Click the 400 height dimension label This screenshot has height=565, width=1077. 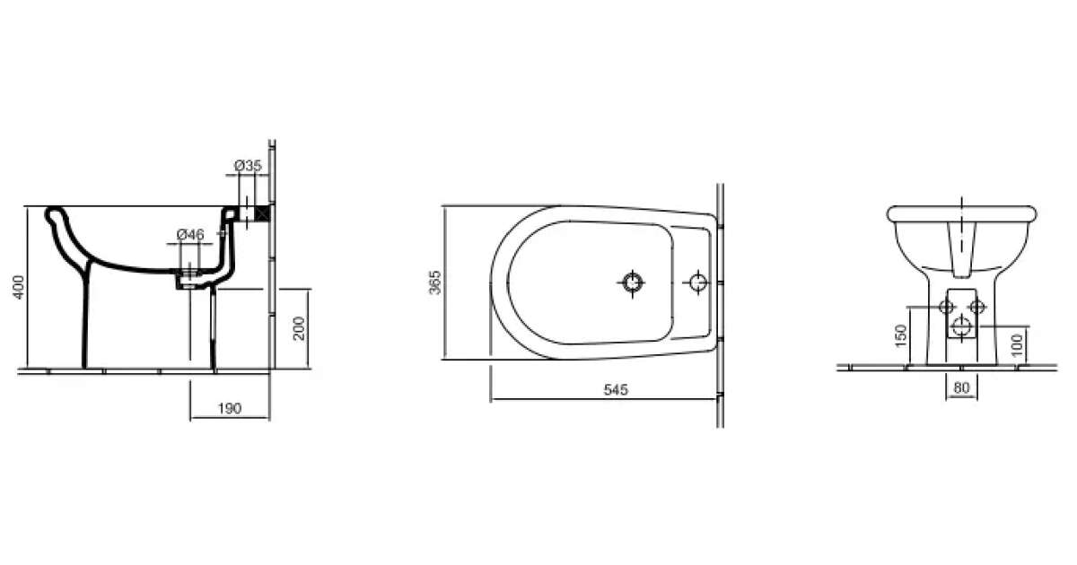(x=19, y=287)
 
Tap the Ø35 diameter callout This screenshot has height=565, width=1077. (x=248, y=166)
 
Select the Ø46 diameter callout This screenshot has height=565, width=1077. (x=190, y=234)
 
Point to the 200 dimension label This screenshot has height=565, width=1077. (x=299, y=328)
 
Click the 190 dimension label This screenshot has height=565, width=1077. (x=230, y=408)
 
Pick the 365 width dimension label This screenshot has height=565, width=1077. (x=434, y=282)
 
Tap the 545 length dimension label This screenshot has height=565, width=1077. (x=616, y=389)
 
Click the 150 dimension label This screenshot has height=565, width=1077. (x=901, y=335)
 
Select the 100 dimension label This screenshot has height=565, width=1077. (x=1016, y=345)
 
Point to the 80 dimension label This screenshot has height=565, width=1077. (x=961, y=387)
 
